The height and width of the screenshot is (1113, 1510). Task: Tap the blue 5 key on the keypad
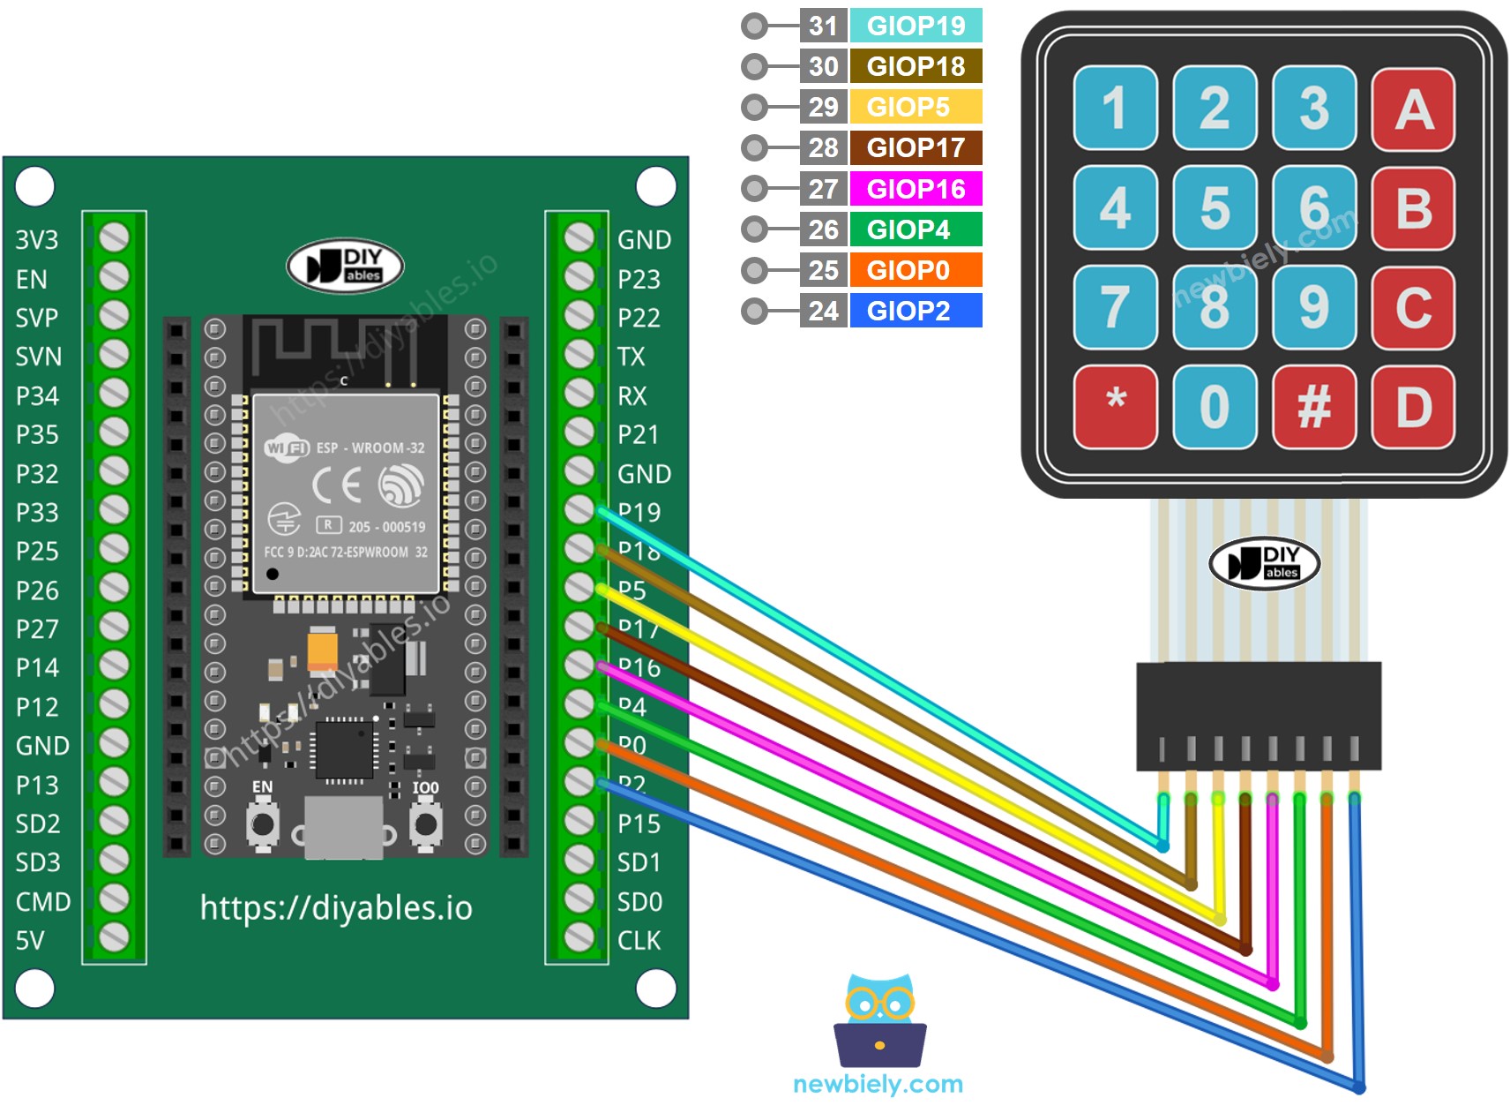pyautogui.click(x=1215, y=207)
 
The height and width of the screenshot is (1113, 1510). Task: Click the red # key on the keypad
pyautogui.click(x=1314, y=407)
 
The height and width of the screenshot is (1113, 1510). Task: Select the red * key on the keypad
pyautogui.click(x=1116, y=407)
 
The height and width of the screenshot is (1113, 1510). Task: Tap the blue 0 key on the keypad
pyautogui.click(x=1215, y=407)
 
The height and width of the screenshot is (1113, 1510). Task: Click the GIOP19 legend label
pyautogui.click(x=916, y=26)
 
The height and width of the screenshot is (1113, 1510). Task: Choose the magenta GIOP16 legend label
pyautogui.click(x=916, y=189)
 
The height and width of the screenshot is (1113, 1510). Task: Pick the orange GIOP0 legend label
pyautogui.click(x=916, y=270)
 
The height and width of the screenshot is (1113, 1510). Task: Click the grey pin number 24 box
pyautogui.click(x=823, y=311)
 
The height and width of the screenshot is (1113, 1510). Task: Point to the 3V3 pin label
pyautogui.click(x=37, y=240)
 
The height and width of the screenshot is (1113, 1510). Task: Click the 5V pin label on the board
pyautogui.click(x=30, y=940)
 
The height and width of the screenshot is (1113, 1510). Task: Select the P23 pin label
pyautogui.click(x=639, y=280)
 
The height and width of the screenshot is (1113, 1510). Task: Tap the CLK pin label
pyautogui.click(x=639, y=940)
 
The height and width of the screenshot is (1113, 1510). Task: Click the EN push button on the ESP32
pyautogui.click(x=262, y=823)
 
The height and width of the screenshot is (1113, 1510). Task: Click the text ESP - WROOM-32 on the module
pyautogui.click(x=370, y=447)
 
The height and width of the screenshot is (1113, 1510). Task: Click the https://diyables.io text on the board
pyautogui.click(x=336, y=907)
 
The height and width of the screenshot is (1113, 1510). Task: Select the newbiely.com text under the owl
pyautogui.click(x=878, y=1084)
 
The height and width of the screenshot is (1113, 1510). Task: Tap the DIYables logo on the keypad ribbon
pyautogui.click(x=1264, y=563)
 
